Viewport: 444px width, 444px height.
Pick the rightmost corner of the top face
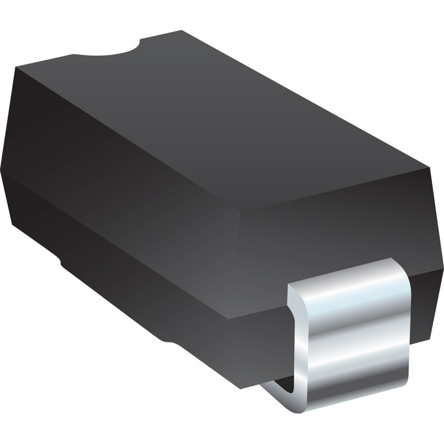[x=430, y=167]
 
